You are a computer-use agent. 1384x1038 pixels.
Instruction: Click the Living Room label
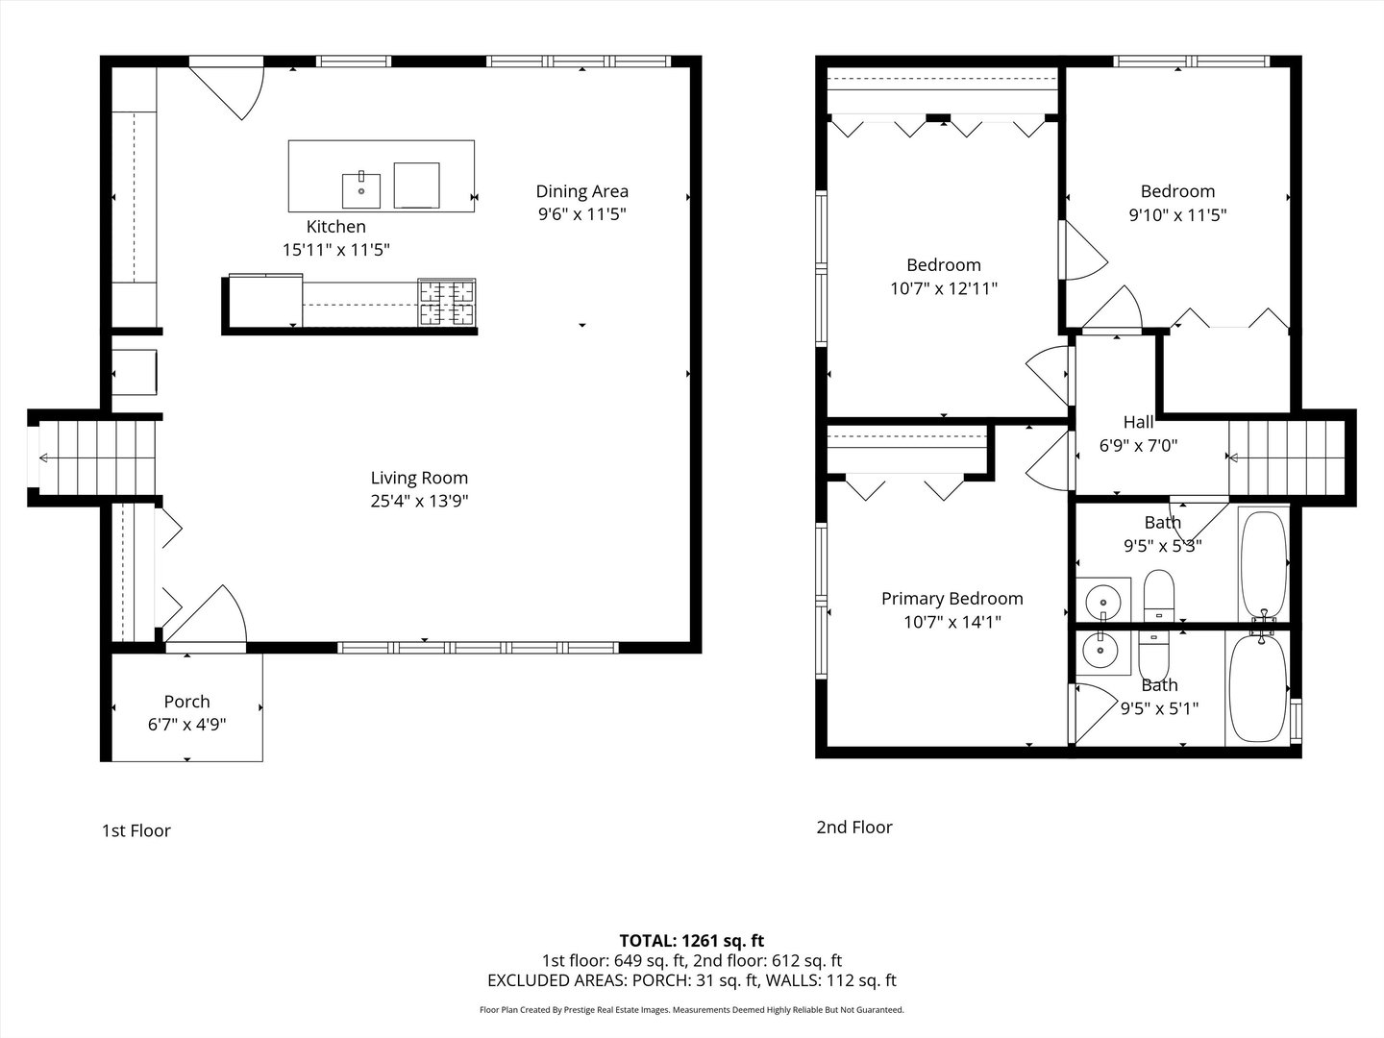pos(419,478)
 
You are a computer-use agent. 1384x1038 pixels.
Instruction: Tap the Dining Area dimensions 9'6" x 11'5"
pos(582,214)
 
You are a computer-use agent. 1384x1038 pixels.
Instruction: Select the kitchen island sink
pos(361,189)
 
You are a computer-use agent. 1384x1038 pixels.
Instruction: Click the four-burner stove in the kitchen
pos(447,303)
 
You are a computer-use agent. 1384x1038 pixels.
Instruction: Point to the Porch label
pos(186,702)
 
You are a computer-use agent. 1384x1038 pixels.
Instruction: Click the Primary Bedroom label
pos(952,599)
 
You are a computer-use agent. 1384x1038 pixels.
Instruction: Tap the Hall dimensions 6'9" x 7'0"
pos(1139,446)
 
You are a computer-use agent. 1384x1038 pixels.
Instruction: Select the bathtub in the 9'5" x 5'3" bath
pos(1264,565)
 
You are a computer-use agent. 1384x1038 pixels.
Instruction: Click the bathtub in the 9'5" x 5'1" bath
pos(1258,688)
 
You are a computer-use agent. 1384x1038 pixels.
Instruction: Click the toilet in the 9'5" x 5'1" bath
pos(1154,656)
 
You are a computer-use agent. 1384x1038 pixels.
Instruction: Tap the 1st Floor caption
pos(136,830)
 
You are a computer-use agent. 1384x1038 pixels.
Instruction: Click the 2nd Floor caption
pos(854,827)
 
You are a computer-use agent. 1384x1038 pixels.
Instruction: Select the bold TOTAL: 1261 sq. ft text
pos(692,941)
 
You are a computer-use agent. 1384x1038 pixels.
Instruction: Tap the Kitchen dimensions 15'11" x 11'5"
pos(336,250)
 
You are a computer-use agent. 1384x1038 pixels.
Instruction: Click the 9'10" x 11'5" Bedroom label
pos(1177,191)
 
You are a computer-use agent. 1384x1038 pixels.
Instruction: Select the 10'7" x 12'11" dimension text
pos(944,288)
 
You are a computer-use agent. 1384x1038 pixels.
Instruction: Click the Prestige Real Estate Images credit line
pos(692,1009)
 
